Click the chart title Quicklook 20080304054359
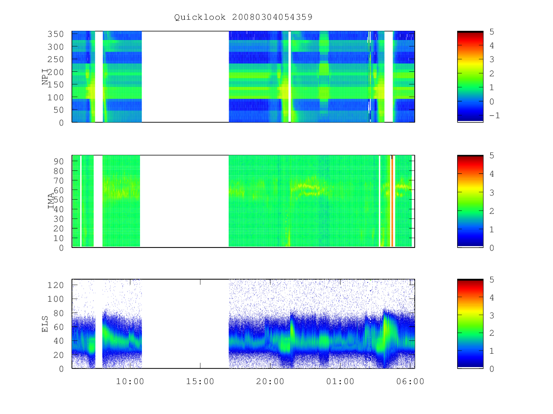tap(243, 17)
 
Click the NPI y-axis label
tap(45, 77)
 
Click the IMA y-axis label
tap(51, 201)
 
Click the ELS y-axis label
tap(45, 324)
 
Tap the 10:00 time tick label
tap(130, 381)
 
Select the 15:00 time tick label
tap(200, 381)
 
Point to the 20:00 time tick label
tap(270, 381)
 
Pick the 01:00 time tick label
tap(340, 381)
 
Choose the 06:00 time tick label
tap(410, 381)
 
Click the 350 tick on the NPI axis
tap(55, 34)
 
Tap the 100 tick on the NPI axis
tap(55, 97)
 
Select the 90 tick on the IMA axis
tap(59, 161)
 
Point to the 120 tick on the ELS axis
tap(55, 285)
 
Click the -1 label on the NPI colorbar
tap(494, 115)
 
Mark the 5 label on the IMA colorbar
tap(492, 155)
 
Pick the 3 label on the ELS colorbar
tap(492, 316)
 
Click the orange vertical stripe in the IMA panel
tap(392, 201)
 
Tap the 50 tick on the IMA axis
tap(59, 200)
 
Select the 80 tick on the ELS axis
tap(59, 313)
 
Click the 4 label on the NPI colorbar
tap(492, 46)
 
